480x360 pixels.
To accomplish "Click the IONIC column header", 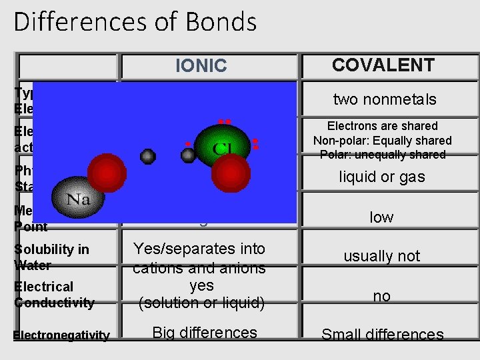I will click(x=201, y=66).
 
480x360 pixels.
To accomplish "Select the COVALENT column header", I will click(x=383, y=65).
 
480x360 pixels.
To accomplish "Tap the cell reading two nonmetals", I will click(x=385, y=99).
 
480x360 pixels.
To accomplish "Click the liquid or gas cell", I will click(x=382, y=177).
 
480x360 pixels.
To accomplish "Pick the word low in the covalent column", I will click(x=382, y=217).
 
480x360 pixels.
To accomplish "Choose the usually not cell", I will click(x=382, y=256).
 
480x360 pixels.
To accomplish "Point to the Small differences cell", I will click(x=382, y=335).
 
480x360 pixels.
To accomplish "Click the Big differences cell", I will click(x=205, y=333).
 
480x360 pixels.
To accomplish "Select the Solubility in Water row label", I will click(x=51, y=257).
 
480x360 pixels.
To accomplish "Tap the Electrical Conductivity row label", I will click(x=54, y=295).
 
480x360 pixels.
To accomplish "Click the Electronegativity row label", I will click(x=61, y=335).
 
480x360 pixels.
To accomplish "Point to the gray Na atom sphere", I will click(x=79, y=197).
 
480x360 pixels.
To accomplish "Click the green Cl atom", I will click(x=221, y=147).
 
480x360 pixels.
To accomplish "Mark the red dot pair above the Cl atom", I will click(x=224, y=122).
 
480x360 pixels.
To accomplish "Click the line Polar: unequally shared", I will click(x=382, y=155).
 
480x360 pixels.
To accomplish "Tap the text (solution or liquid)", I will click(x=201, y=303).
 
